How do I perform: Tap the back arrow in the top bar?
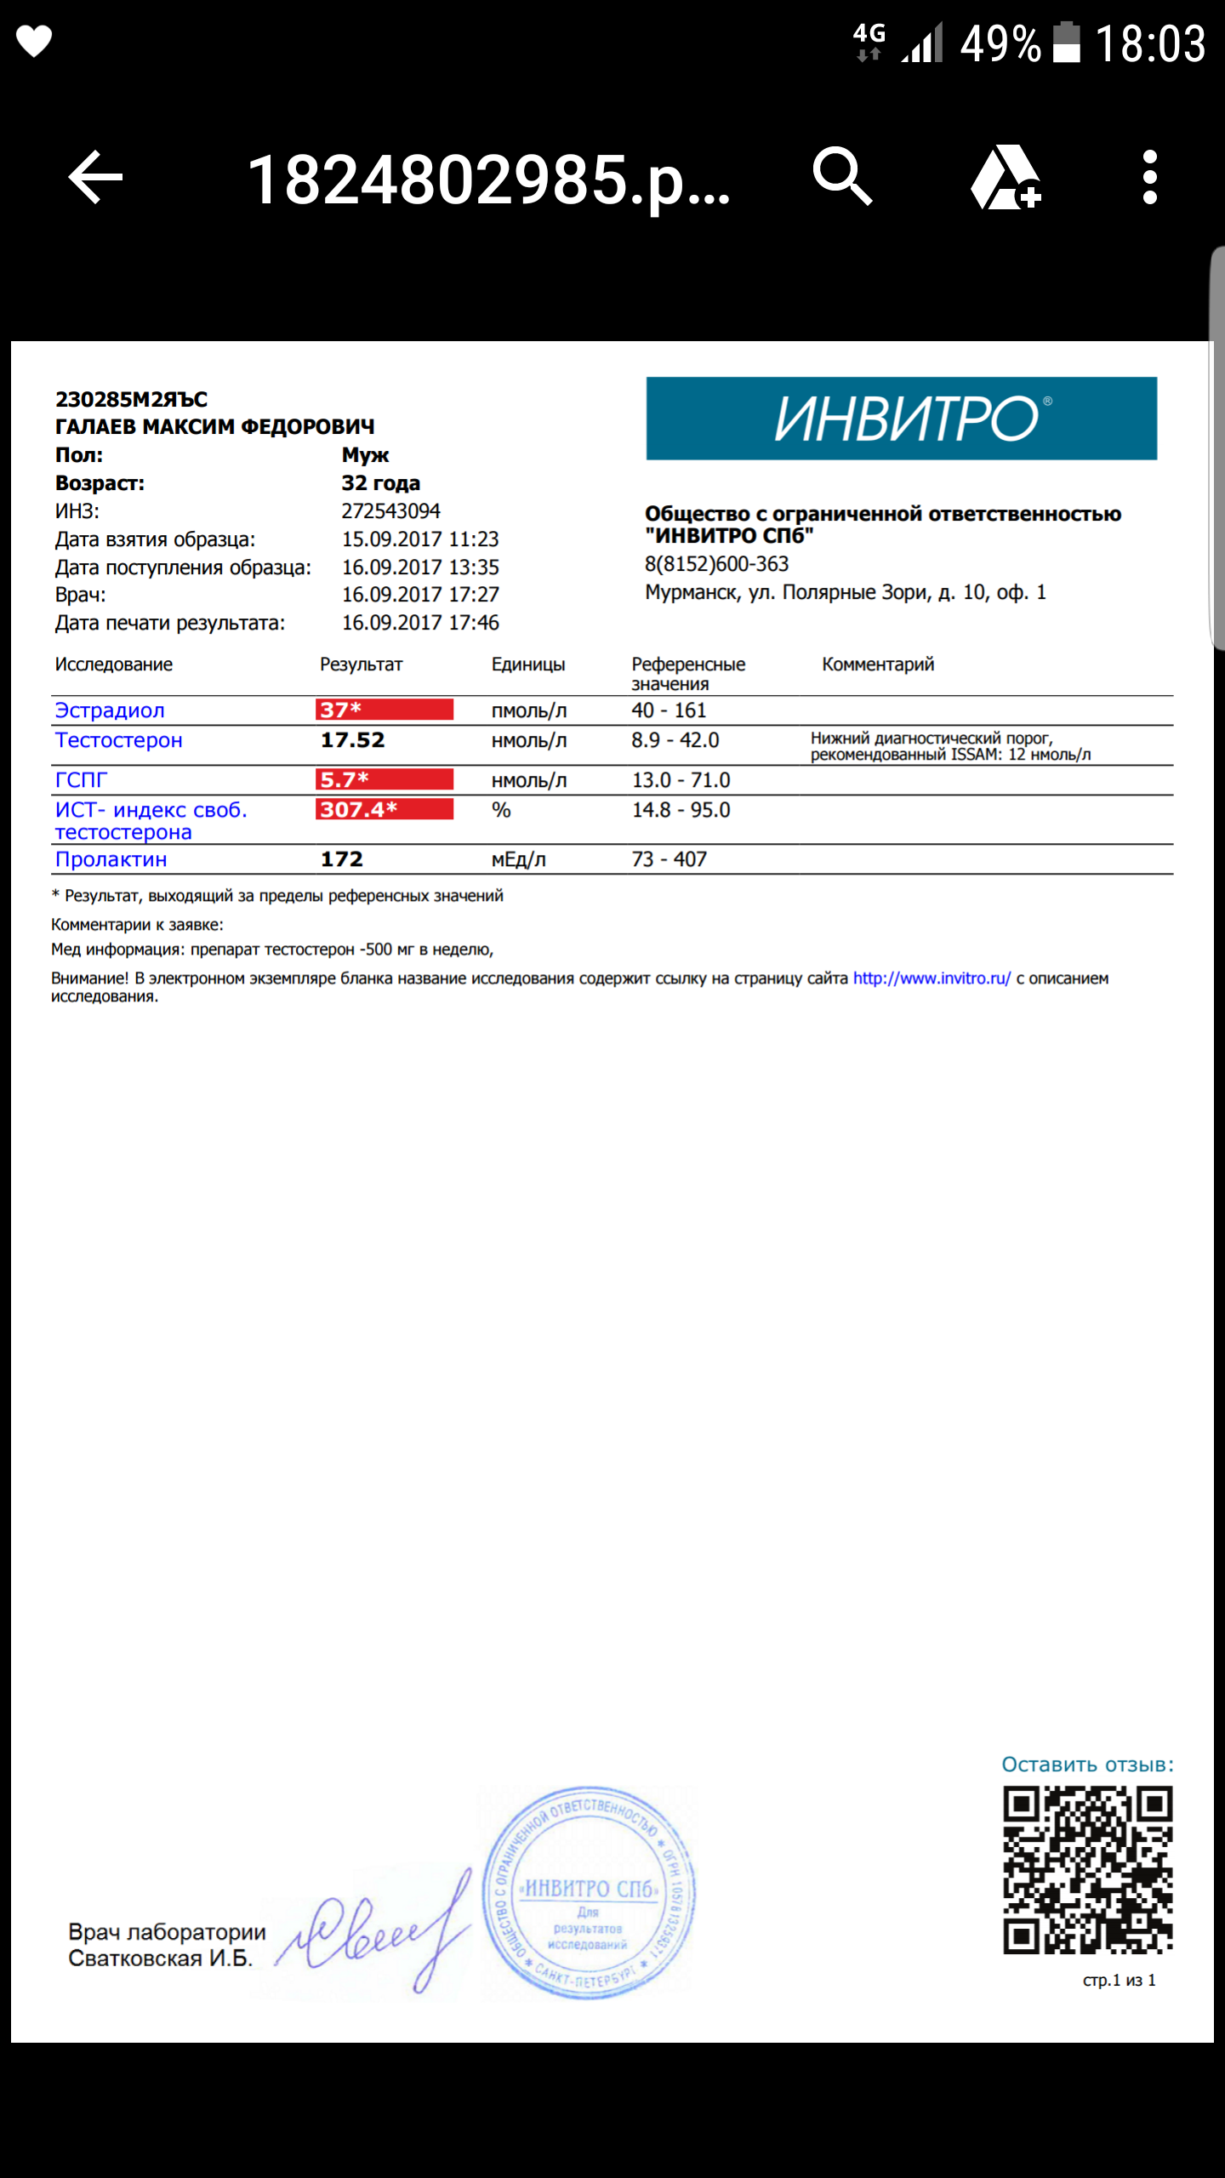pyautogui.click(x=95, y=177)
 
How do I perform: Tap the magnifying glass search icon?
pyautogui.click(x=842, y=176)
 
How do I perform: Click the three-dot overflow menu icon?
pyautogui.click(x=1149, y=177)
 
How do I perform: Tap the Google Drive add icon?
pyautogui.click(x=1006, y=177)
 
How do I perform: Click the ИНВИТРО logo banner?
pyautogui.click(x=901, y=419)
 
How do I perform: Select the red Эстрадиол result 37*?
pyautogui.click(x=385, y=710)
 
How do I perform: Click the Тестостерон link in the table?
pyautogui.click(x=119, y=740)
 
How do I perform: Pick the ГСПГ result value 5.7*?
pyautogui.click(x=385, y=779)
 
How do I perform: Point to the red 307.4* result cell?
pyautogui.click(x=385, y=809)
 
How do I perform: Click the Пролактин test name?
pyautogui.click(x=111, y=859)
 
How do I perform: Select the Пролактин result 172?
pyautogui.click(x=342, y=859)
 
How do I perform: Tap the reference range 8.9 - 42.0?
pyautogui.click(x=675, y=740)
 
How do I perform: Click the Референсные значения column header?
pyautogui.click(x=688, y=673)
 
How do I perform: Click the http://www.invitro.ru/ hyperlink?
pyautogui.click(x=932, y=978)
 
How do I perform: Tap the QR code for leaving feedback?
pyautogui.click(x=1087, y=1869)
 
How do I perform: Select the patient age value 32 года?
pyautogui.click(x=381, y=483)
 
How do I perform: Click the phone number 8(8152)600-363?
pyautogui.click(x=717, y=564)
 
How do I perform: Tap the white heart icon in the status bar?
pyautogui.click(x=35, y=41)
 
